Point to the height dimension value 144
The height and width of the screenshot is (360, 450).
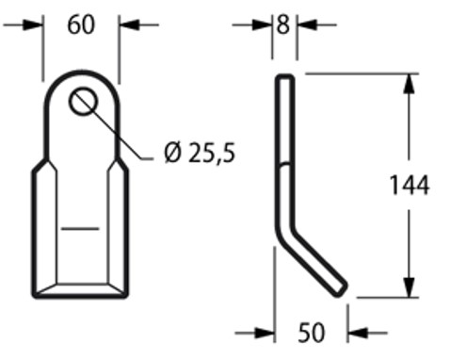pos(410,186)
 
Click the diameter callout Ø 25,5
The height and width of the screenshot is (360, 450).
pos(199,153)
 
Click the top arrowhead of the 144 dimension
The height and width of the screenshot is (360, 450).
pos(407,83)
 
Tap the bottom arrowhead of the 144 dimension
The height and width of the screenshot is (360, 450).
pos(407,289)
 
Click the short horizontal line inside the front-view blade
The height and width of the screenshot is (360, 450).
pos(81,228)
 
